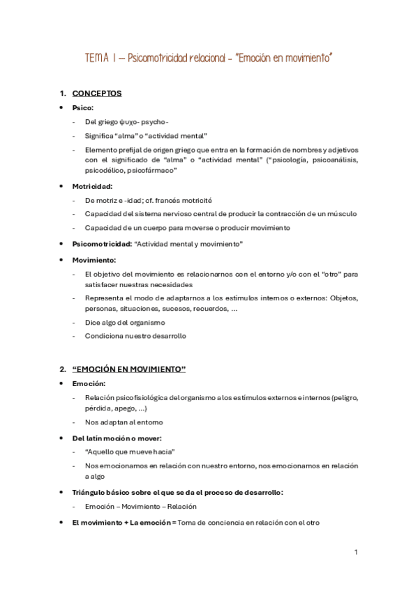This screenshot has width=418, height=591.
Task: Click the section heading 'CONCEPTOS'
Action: click(97, 93)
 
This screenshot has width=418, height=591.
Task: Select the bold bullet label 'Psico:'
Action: click(82, 108)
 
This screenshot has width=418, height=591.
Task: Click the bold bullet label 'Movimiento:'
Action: click(94, 259)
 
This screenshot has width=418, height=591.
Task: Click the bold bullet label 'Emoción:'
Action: click(89, 383)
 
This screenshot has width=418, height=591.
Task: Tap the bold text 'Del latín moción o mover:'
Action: click(117, 438)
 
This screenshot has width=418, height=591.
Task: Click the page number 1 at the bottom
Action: click(356, 552)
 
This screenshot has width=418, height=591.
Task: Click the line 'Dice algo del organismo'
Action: click(124, 322)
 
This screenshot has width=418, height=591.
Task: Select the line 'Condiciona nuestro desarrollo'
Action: click(135, 336)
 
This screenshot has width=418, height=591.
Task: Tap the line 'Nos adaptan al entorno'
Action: click(124, 422)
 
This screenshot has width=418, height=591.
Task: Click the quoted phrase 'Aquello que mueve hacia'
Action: click(130, 452)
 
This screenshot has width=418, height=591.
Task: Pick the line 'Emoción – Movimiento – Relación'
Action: click(140, 507)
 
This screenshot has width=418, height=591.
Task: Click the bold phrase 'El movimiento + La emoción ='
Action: click(124, 522)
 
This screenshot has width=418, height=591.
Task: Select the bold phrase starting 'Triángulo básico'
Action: click(177, 492)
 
